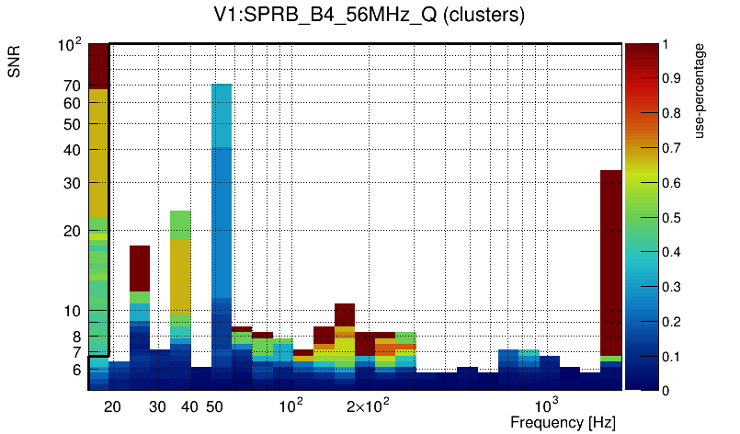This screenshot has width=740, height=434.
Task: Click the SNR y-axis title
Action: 15,62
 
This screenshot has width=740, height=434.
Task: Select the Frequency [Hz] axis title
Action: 563,422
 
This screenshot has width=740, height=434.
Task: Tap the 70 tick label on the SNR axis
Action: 72,86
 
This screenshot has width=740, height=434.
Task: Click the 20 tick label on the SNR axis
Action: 72,232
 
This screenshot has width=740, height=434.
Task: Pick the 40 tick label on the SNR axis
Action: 72,150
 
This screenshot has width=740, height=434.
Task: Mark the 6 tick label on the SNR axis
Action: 76,371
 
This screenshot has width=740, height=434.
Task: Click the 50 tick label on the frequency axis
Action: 214,406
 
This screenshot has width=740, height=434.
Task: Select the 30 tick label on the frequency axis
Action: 157,406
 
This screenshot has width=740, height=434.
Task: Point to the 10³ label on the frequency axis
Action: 547,405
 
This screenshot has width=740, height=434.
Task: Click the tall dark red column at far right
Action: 611,257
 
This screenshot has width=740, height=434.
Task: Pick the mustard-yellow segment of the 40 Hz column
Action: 180,276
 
